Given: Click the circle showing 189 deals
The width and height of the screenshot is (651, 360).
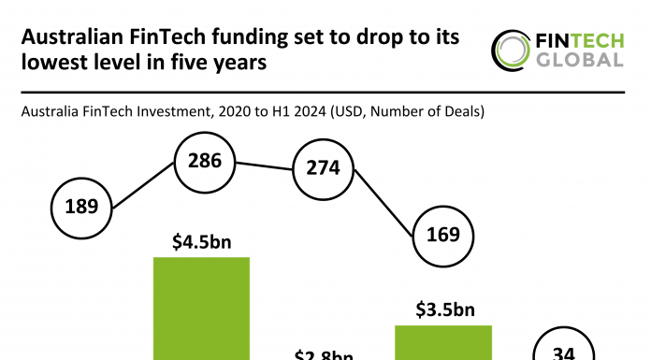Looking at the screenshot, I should (x=82, y=206).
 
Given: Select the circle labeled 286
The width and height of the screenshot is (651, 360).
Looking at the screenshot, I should (x=205, y=161).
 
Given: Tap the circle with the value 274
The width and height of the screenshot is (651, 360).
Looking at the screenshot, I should (x=323, y=170).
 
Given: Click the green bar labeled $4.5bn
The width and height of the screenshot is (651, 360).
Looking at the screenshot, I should (x=202, y=309).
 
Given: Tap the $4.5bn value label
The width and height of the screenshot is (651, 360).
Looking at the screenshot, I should (x=202, y=242).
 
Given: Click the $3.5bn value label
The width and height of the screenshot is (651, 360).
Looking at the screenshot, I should (x=443, y=310).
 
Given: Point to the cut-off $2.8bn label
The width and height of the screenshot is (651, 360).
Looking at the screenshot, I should (x=323, y=354).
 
